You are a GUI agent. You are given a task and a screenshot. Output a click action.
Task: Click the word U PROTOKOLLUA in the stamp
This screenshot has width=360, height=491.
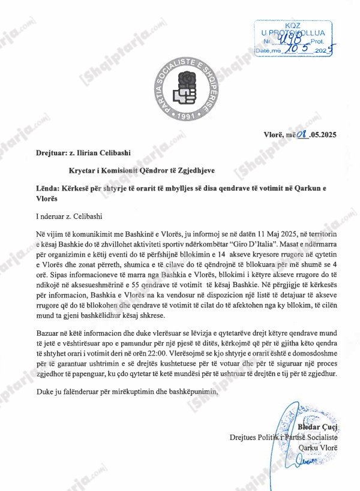(293, 32)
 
